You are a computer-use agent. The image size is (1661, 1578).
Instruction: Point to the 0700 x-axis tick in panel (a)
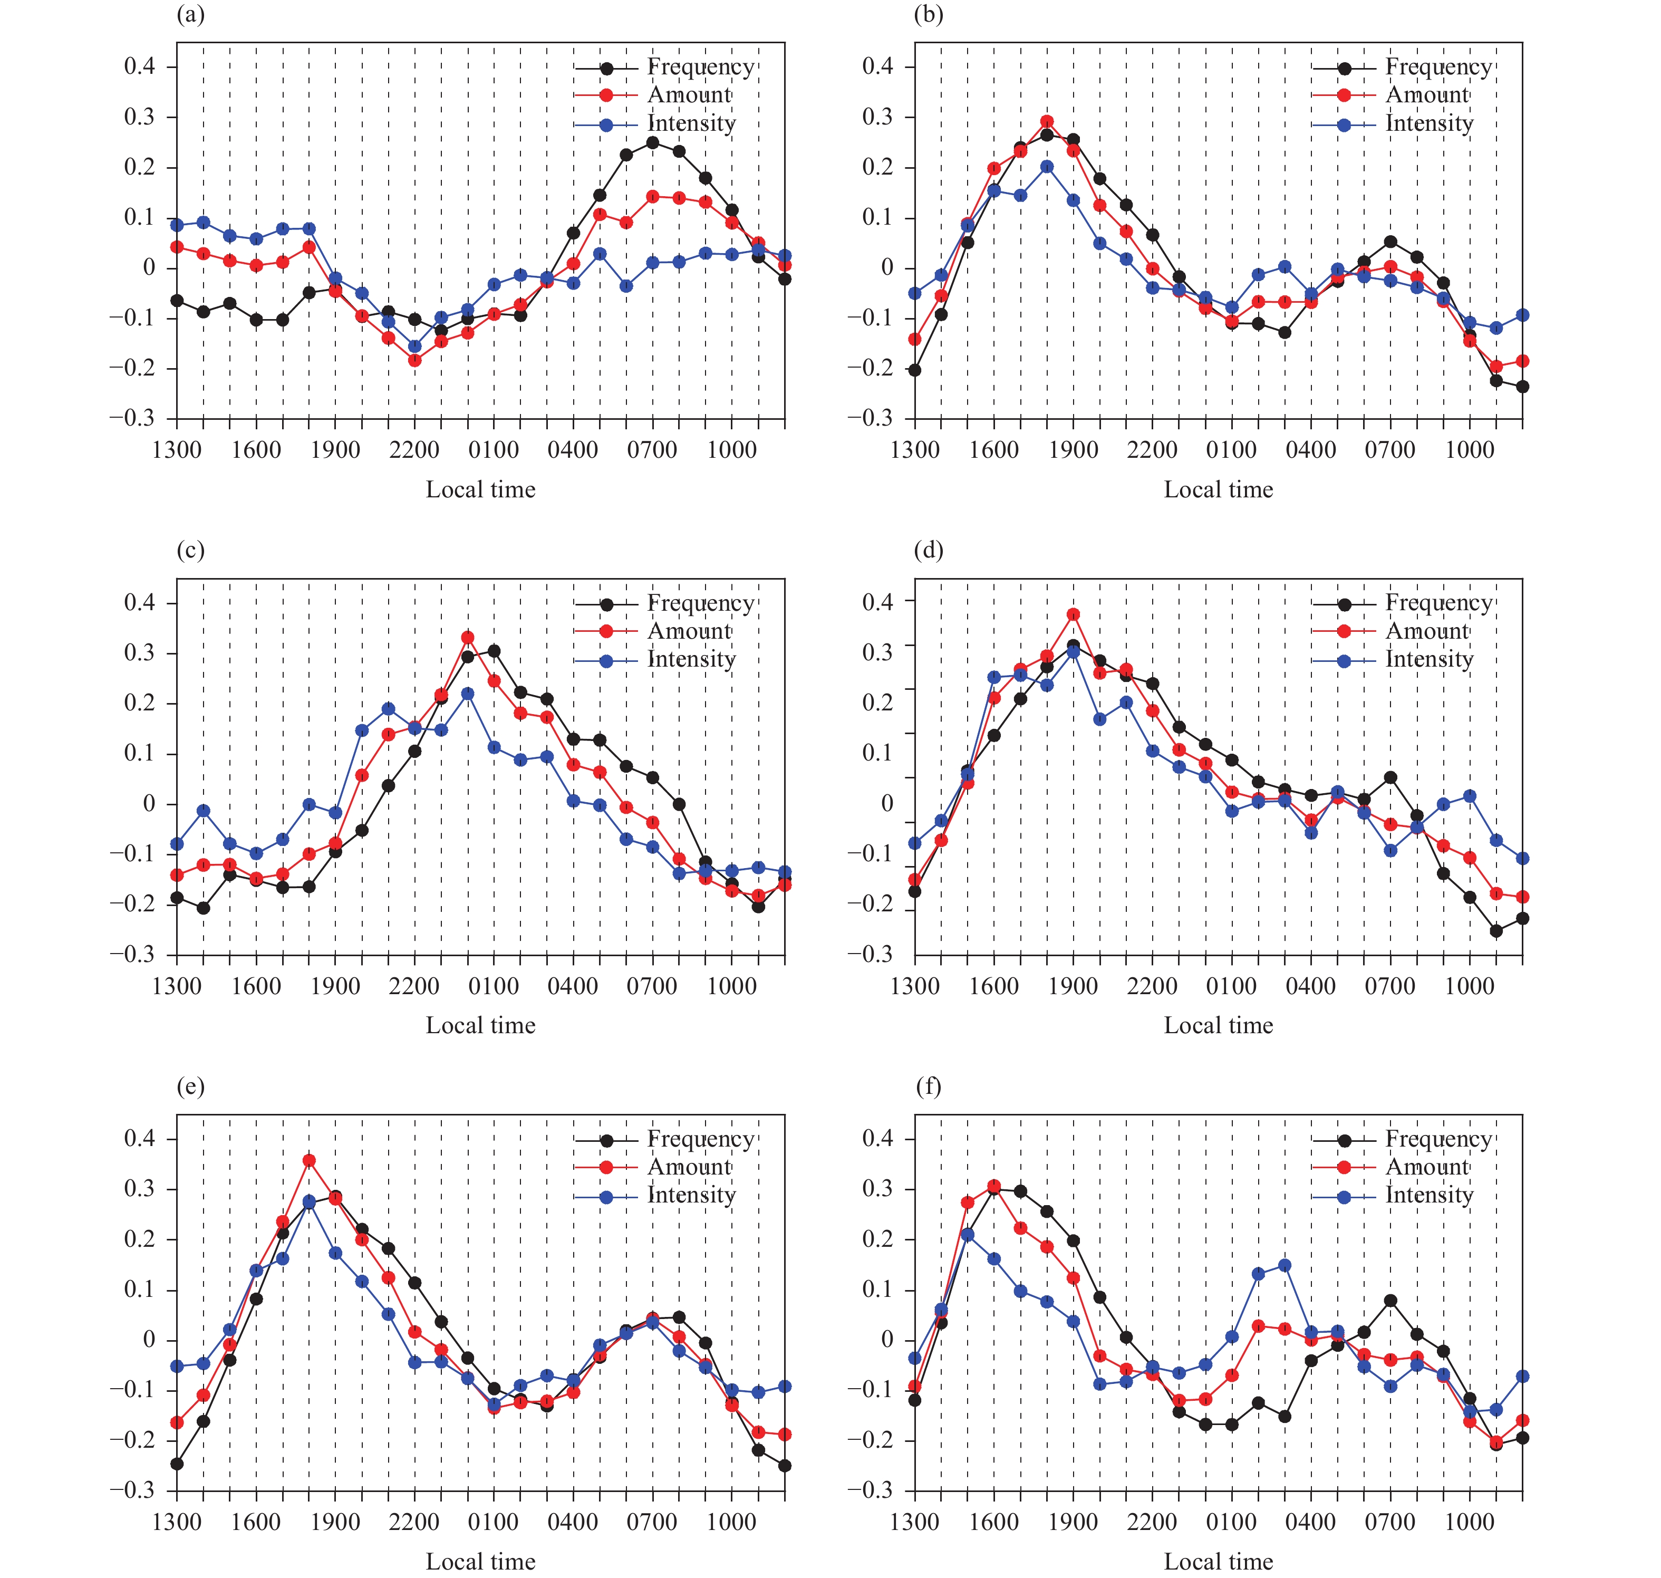(652, 450)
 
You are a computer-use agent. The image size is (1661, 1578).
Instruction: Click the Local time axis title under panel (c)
(480, 1025)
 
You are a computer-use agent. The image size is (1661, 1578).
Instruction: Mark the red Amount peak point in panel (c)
(468, 638)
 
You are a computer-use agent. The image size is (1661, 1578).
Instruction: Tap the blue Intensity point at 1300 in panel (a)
(177, 225)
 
